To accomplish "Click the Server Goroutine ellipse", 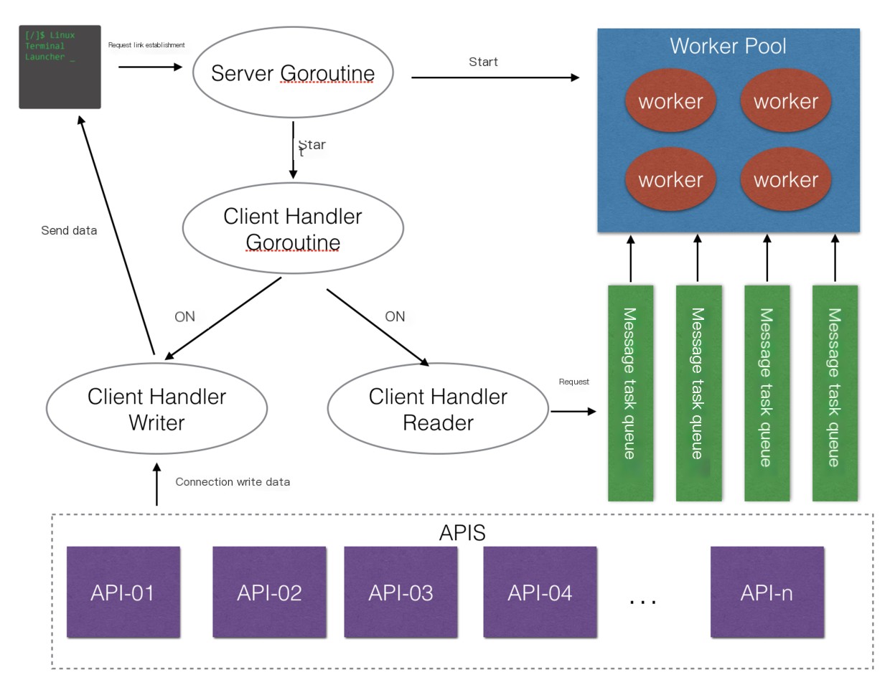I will tap(293, 73).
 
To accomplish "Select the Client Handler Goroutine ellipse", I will tap(293, 229).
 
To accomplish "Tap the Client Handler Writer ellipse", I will tap(156, 409).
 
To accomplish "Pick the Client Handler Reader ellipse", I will tap(438, 409).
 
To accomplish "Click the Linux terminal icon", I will tap(60, 67).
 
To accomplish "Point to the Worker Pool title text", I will tap(728, 47).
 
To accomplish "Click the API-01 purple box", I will tap(123, 592).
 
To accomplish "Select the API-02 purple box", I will tap(269, 592).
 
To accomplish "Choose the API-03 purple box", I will tap(400, 592).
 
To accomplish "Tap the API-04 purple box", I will tap(540, 592).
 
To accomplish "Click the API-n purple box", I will tap(767, 592).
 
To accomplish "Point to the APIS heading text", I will tap(462, 534).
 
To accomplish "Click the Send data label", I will tap(69, 231).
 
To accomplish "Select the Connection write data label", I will tap(233, 482).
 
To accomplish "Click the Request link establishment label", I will tap(146, 45).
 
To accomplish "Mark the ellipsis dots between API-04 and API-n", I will tap(642, 601).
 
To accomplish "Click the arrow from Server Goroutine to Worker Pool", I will tap(495, 77).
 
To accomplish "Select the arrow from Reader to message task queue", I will tap(573, 411).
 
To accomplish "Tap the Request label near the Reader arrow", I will tap(573, 382).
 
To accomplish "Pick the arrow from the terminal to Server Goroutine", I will tap(151, 67).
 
